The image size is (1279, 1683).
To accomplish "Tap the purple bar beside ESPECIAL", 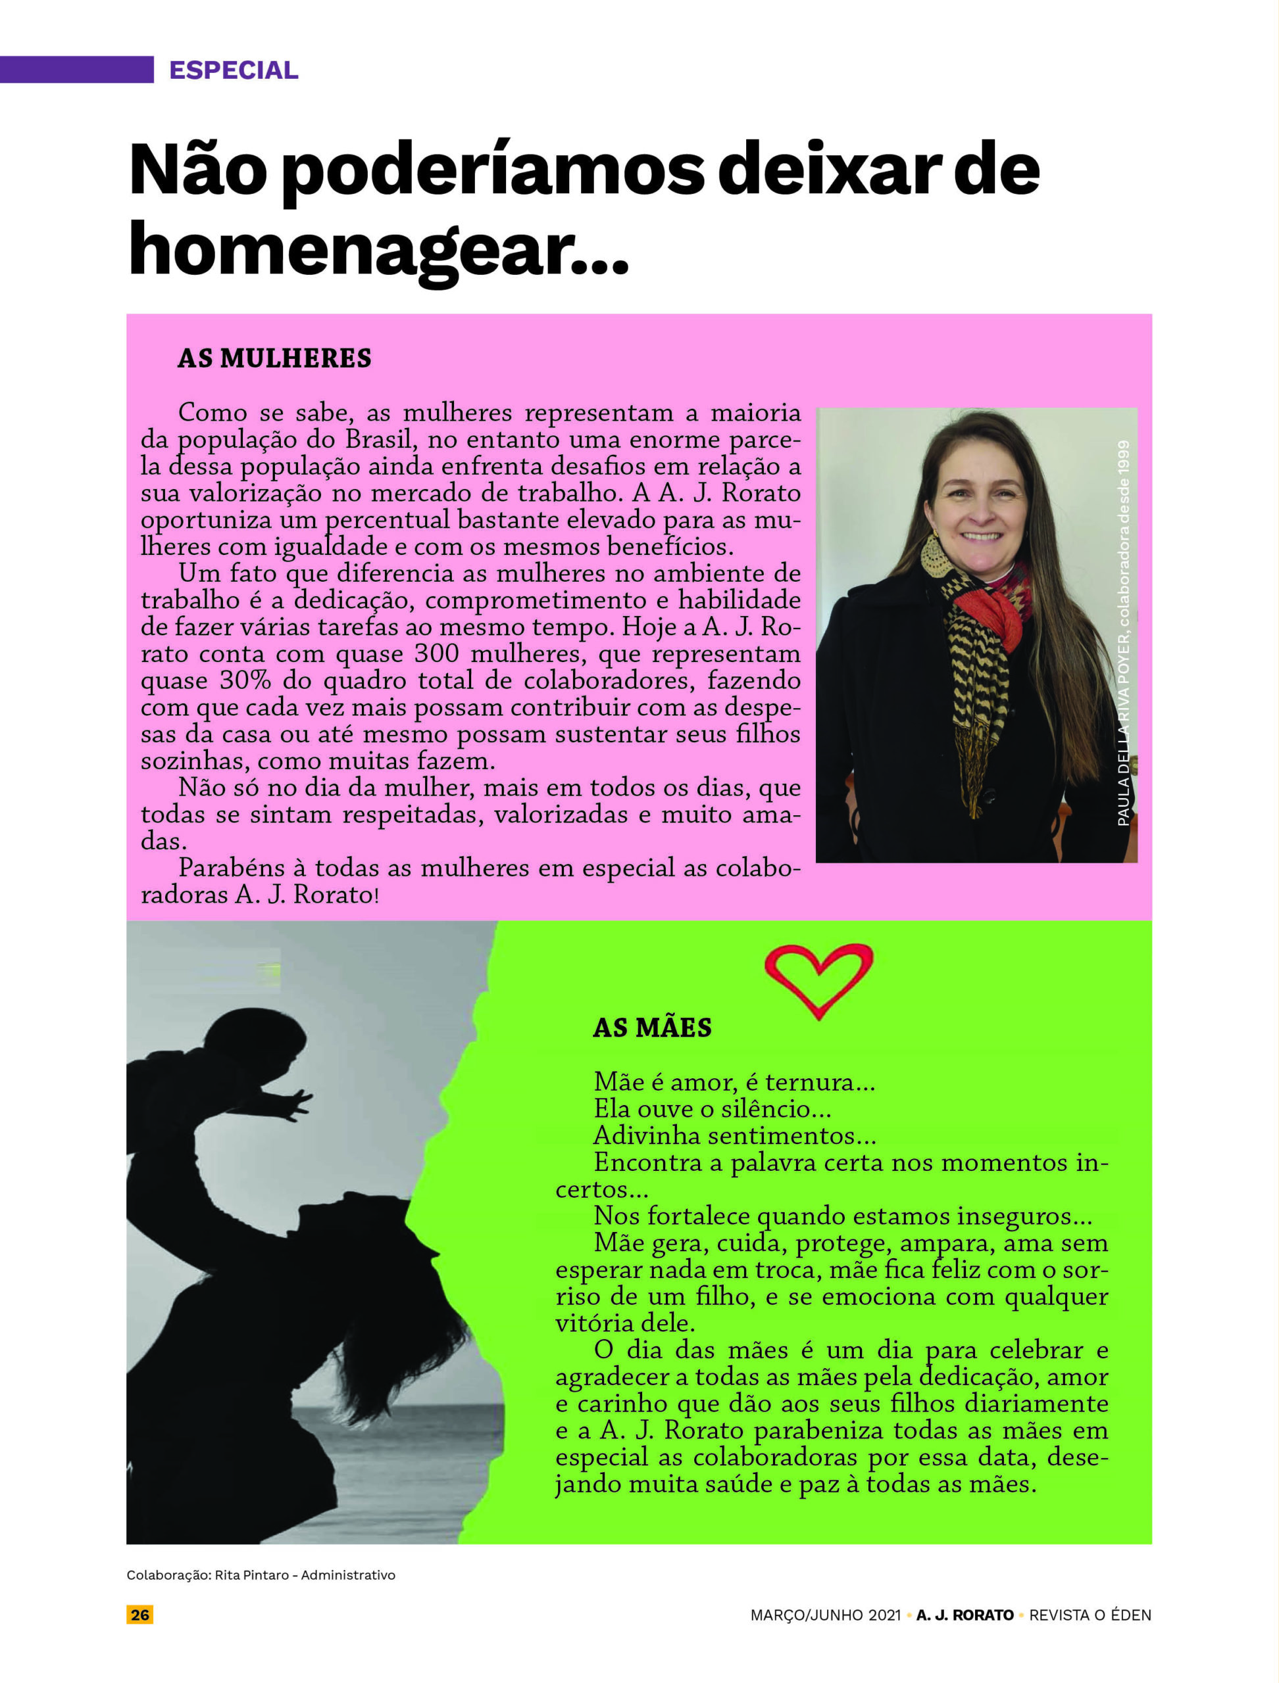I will pyautogui.click(x=76, y=69).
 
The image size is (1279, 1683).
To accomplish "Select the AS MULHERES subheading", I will pyautogui.click(x=274, y=358).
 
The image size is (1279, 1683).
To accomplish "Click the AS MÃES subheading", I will pyautogui.click(x=652, y=1028).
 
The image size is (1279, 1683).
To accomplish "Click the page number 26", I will pyautogui.click(x=140, y=1615).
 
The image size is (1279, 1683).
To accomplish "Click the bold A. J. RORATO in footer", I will pyautogui.click(x=965, y=1615).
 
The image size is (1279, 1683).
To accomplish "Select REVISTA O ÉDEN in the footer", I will pyautogui.click(x=1090, y=1615).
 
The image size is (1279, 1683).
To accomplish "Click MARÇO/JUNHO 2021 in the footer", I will pyautogui.click(x=825, y=1615).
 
